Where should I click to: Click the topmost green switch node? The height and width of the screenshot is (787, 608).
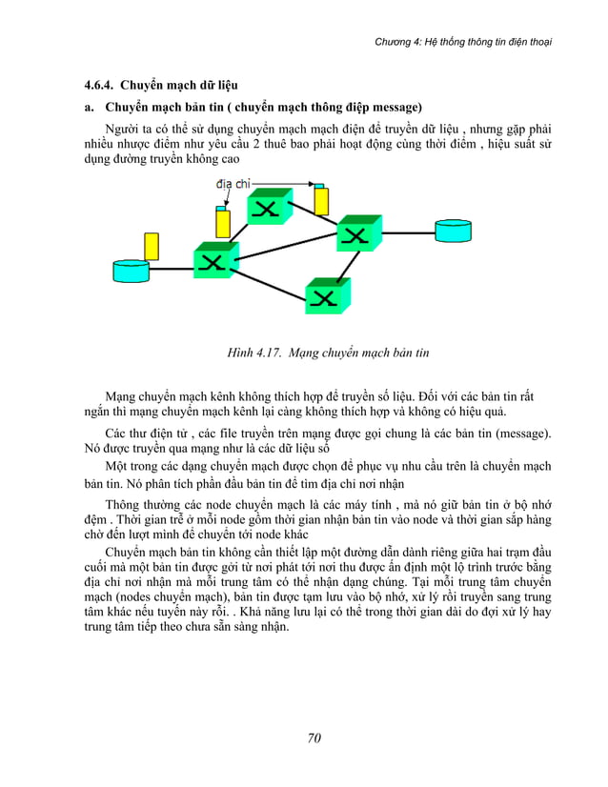pos(269,207)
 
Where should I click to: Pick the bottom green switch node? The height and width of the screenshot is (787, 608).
pos(327,295)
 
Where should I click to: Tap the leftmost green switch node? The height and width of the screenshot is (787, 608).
pos(214,260)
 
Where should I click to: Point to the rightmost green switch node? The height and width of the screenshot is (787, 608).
pos(358,232)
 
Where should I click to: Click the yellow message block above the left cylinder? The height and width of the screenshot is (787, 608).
pos(151,246)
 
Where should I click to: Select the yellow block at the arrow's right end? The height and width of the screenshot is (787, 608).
pos(321,200)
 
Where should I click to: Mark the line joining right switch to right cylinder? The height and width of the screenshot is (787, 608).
pos(408,231)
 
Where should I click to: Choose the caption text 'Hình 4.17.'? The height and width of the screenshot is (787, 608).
pos(253,353)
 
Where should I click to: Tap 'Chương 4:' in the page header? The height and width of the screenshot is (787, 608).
pos(399,41)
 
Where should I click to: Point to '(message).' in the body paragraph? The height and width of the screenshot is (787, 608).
pos(519,433)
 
